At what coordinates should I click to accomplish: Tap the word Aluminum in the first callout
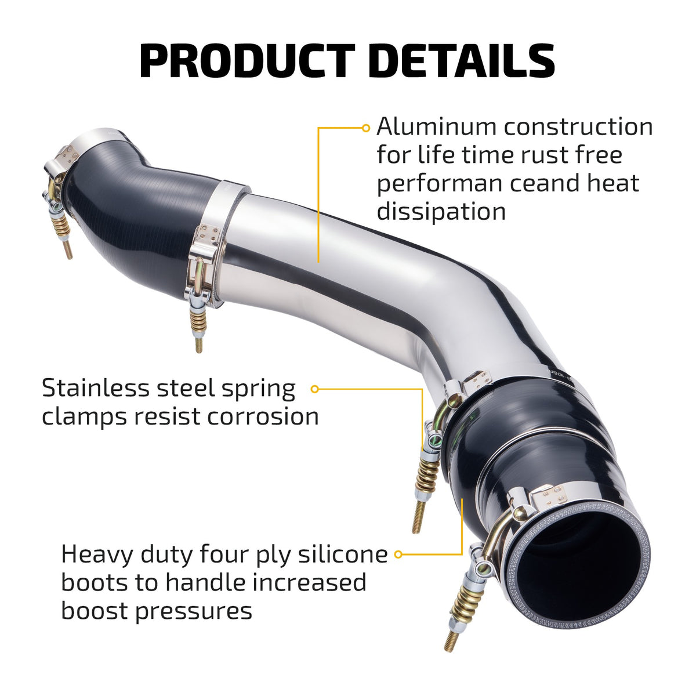click(436, 127)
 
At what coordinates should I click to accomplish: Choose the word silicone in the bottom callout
click(343, 554)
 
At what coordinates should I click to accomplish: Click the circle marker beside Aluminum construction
click(366, 128)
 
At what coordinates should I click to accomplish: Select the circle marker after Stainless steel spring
click(314, 389)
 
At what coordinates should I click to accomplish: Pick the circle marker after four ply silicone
click(398, 554)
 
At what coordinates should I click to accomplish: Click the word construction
click(578, 127)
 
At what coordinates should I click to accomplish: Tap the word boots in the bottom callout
click(94, 583)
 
